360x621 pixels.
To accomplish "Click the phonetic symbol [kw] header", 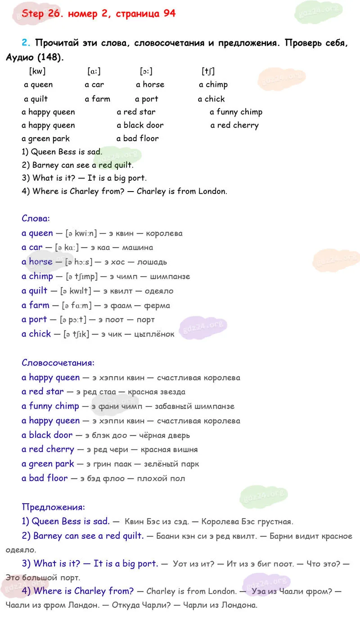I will click(x=37, y=71).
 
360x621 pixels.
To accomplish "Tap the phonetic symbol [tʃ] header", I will click(x=208, y=71).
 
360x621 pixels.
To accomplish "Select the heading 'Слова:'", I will click(x=36, y=219).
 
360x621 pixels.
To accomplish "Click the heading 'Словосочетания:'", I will click(x=58, y=362).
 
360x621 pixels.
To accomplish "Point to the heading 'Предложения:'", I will click(x=53, y=507).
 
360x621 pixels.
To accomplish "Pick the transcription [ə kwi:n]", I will click(x=81, y=233).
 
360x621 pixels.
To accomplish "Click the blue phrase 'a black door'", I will click(x=47, y=435).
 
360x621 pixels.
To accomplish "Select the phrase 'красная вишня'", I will click(x=169, y=449).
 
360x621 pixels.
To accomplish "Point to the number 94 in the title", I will click(x=170, y=13).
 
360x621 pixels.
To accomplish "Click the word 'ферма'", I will click(x=157, y=305).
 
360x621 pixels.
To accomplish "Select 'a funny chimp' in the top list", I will click(x=236, y=112).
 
